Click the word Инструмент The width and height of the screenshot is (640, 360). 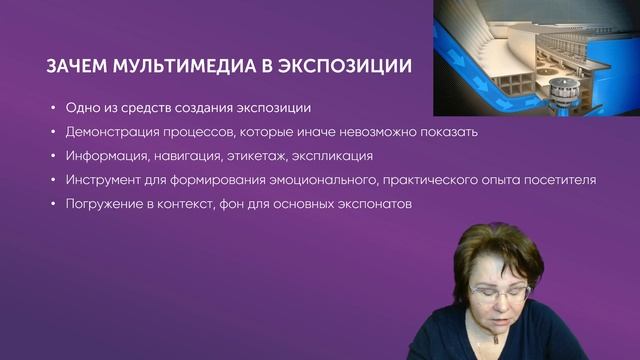point(106,180)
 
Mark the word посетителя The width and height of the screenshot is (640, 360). point(557,180)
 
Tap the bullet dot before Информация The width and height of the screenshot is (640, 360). point(52,157)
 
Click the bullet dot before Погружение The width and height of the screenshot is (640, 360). point(52,205)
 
